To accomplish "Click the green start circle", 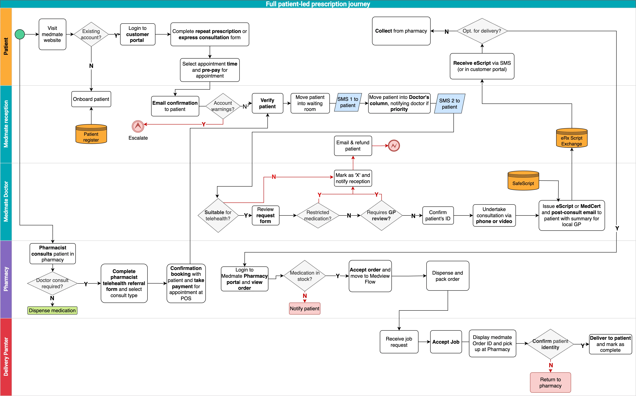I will [x=20, y=34].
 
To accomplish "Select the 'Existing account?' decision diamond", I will [x=91, y=34].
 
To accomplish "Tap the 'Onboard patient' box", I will [x=91, y=99].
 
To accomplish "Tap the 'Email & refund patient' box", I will [x=353, y=146].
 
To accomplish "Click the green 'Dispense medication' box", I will [x=52, y=310].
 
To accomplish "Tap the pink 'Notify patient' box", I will [x=304, y=308].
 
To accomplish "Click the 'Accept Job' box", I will [x=446, y=342].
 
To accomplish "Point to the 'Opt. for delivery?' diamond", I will [x=482, y=31].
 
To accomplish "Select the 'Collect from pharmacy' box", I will [x=401, y=31].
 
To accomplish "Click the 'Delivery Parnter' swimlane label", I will [x=6, y=357].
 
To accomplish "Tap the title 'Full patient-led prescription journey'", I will [x=318, y=4].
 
